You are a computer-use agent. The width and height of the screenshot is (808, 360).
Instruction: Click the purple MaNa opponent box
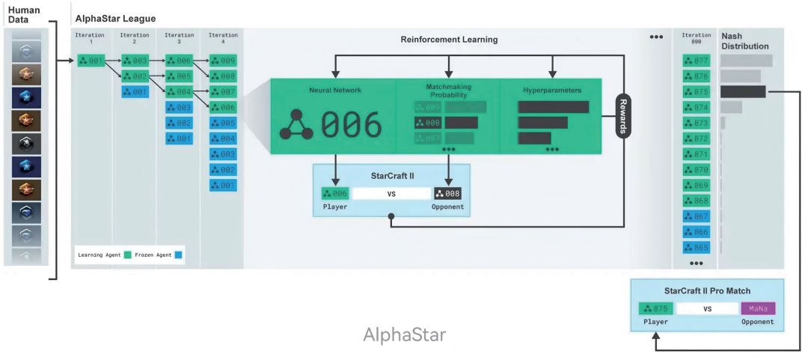pos(758,308)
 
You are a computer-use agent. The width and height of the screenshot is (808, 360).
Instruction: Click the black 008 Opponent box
pos(447,194)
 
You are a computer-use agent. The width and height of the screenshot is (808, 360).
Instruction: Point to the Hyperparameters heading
pos(552,90)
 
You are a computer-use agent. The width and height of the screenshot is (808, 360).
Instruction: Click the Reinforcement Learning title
pos(449,39)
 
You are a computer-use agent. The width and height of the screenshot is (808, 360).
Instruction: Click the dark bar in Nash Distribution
pos(743,91)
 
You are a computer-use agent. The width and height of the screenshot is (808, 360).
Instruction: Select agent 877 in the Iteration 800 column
pos(696,60)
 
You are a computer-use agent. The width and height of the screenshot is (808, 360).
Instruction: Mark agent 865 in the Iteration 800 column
pos(696,247)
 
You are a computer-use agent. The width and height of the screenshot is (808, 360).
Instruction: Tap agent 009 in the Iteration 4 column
pos(223,60)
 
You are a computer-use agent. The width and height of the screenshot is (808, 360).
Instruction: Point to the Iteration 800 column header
pos(696,38)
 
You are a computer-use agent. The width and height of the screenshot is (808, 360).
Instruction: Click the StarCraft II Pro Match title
pos(707,290)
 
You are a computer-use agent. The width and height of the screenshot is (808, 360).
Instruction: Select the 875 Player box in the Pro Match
pos(656,308)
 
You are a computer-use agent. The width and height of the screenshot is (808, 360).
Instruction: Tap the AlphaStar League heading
pos(115,18)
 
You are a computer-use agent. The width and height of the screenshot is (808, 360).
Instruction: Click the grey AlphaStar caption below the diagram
pos(404,335)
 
